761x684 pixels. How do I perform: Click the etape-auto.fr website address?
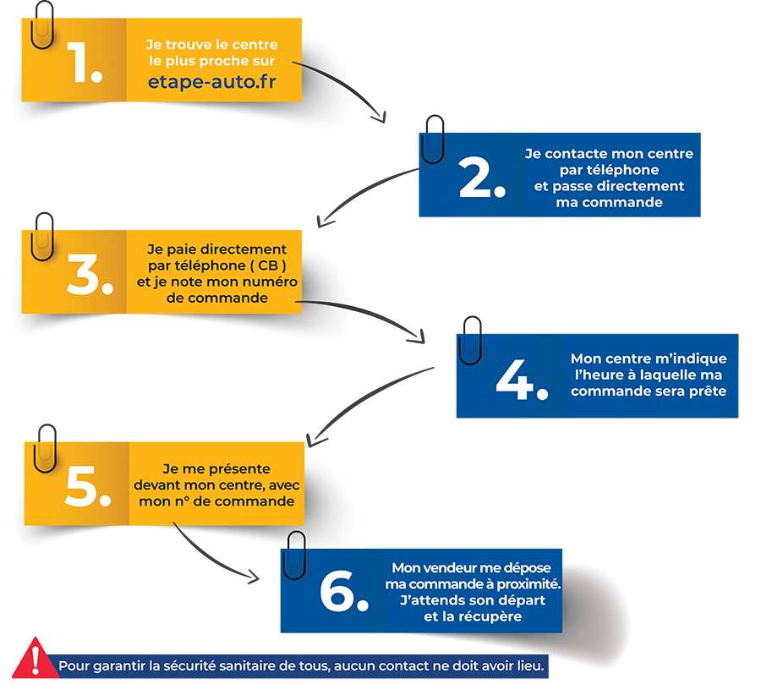[212, 81]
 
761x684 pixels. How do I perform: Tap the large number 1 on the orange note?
[84, 62]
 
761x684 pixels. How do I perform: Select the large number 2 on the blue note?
[481, 178]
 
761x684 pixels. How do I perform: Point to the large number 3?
[90, 274]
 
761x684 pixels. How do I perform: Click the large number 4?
[522, 380]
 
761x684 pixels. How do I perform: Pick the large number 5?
[88, 486]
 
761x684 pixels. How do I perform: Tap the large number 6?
[344, 591]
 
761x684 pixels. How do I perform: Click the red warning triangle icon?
[35, 659]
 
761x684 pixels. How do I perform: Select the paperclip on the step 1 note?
[42, 25]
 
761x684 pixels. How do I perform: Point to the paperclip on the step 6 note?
[294, 555]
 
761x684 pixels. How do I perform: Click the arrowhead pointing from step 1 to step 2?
[380, 118]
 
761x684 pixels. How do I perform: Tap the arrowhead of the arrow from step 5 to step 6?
[254, 577]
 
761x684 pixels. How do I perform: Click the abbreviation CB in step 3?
[268, 265]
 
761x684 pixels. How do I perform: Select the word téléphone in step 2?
[609, 170]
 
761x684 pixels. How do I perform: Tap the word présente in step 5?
[240, 469]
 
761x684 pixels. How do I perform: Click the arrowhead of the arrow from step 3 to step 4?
[419, 337]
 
